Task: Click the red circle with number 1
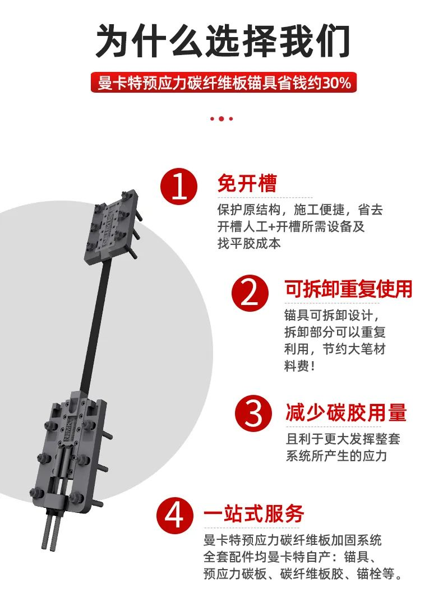pos(179,188)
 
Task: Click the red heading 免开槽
pos(247,184)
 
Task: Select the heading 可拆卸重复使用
pos(348,289)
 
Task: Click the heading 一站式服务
pos(253,513)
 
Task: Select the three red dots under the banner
pos(221,119)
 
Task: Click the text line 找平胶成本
pos(249,244)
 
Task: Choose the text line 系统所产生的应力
pos(336,455)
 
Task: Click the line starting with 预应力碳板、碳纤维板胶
pos(303,575)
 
